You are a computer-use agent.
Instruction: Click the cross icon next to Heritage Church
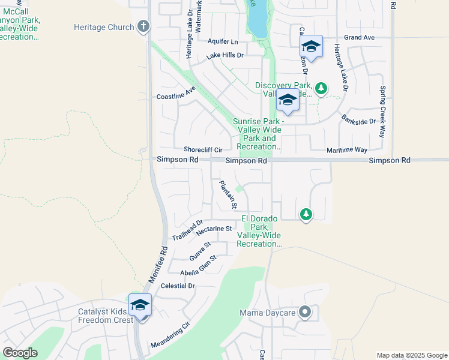coord(142,26)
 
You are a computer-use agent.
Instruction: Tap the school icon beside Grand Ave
coord(312,46)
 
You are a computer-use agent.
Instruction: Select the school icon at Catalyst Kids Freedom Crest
coord(140,305)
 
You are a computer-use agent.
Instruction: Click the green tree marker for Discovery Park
coord(322,89)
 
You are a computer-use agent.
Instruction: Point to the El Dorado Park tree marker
coord(306,214)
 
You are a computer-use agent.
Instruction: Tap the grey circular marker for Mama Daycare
coord(306,312)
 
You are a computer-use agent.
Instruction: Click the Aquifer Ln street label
coord(222,41)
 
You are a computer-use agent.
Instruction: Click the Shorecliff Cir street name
coord(203,149)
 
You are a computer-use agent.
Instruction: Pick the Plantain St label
coord(228,194)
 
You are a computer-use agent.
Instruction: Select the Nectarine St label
coord(214,229)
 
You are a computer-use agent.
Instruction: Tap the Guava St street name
coord(200,251)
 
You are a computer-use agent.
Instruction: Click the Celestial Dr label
coord(178,286)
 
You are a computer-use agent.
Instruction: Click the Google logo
coord(20,353)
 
